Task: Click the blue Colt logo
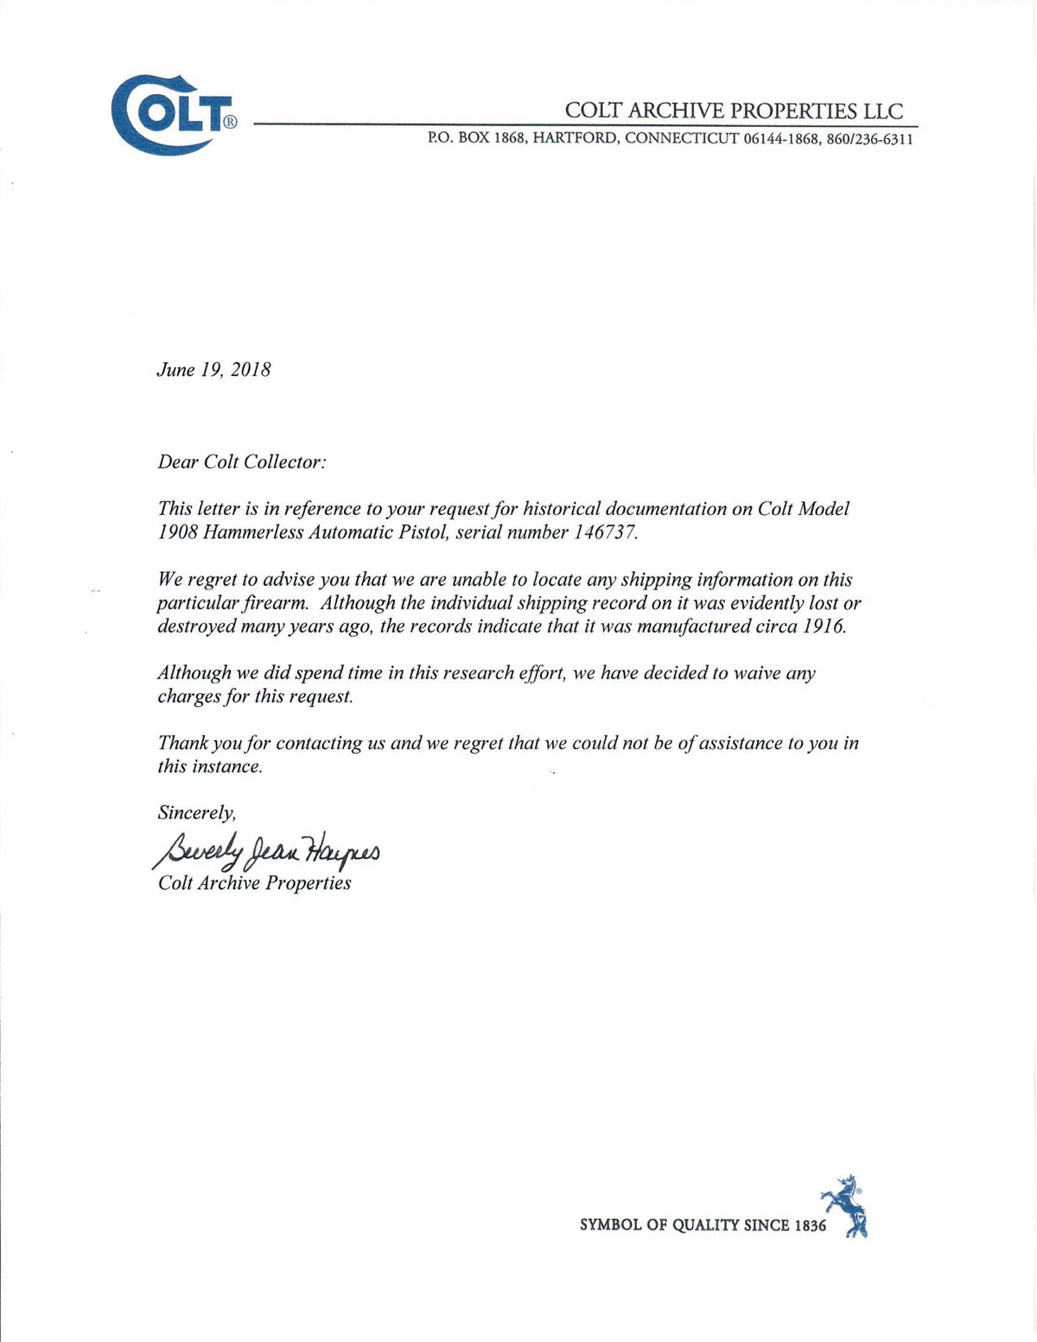pyautogui.click(x=173, y=114)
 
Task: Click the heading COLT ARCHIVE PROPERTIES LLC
pyautogui.click(x=734, y=111)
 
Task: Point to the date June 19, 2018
pyautogui.click(x=213, y=370)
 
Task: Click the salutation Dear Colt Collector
pyautogui.click(x=242, y=462)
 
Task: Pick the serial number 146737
pyautogui.click(x=604, y=532)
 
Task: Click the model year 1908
pyautogui.click(x=178, y=532)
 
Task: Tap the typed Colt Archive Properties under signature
pyautogui.click(x=254, y=883)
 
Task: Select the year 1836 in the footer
pyautogui.click(x=810, y=1225)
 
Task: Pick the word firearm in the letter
pyautogui.click(x=275, y=603)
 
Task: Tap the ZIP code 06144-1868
pyautogui.click(x=780, y=139)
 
